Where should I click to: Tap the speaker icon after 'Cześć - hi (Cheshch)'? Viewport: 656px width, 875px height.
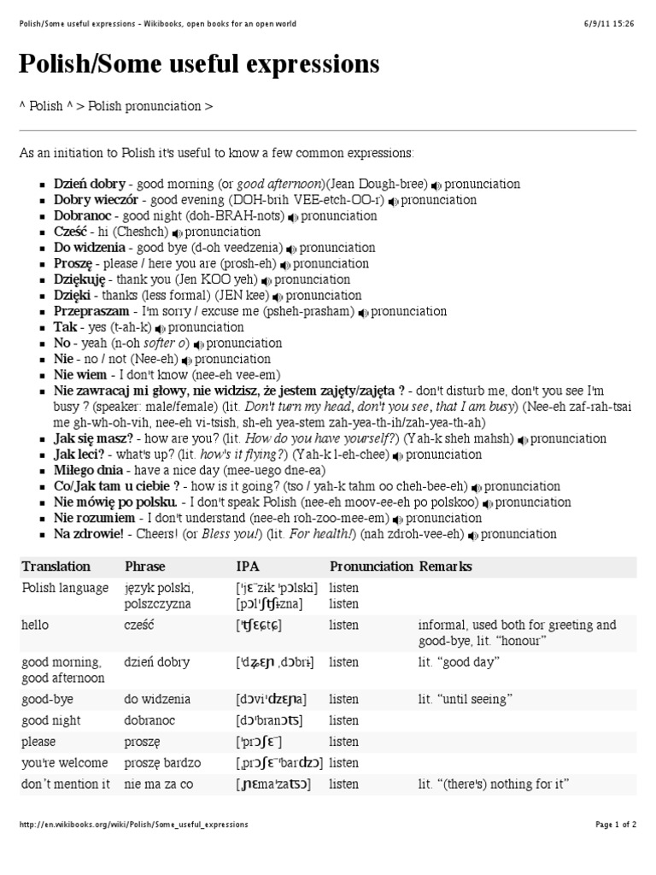point(177,232)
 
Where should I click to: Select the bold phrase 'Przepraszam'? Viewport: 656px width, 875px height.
point(91,312)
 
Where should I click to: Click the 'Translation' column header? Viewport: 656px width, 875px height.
point(56,567)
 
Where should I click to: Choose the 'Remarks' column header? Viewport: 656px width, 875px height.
point(444,567)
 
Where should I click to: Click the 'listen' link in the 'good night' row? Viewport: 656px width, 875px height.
point(344,720)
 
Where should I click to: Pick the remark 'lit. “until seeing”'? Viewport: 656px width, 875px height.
point(465,700)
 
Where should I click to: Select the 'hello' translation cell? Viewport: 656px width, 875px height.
point(38,625)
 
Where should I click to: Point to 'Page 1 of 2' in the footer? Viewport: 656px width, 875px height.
point(615,825)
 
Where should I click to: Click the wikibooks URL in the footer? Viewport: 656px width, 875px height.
point(133,825)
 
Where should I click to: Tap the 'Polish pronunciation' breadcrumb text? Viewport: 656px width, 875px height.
point(144,107)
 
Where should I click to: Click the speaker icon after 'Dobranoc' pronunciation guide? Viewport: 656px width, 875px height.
point(293,216)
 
